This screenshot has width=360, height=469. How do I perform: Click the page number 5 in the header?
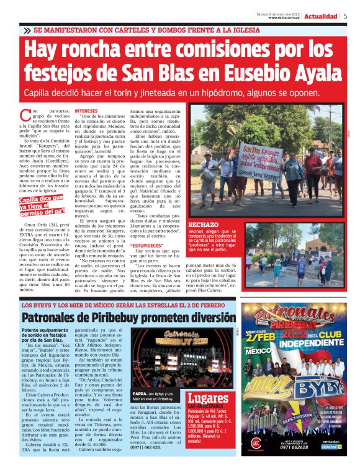click(345, 16)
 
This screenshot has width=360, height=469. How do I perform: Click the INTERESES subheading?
click(86, 112)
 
